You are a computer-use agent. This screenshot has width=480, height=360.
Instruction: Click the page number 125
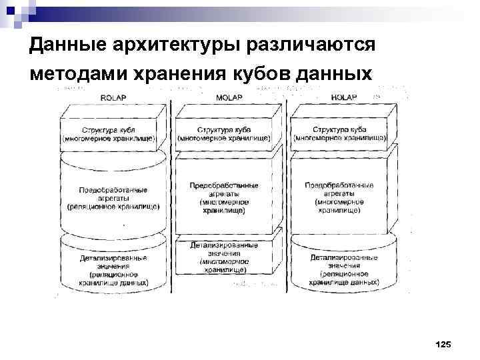(443, 344)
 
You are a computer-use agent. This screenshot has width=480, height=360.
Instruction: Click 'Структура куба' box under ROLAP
(110, 134)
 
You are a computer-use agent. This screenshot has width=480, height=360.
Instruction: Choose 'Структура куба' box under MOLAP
(225, 134)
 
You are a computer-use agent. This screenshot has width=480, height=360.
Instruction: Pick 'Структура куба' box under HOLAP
(340, 134)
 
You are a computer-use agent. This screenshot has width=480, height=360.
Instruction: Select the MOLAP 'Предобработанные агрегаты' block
(225, 197)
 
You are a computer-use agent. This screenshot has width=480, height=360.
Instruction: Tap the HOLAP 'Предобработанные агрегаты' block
(339, 196)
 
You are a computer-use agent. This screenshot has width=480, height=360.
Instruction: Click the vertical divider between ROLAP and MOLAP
(171, 193)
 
